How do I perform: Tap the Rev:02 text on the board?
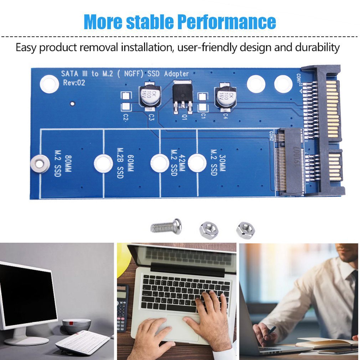pyautogui.click(x=74, y=83)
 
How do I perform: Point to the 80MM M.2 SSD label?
pyautogui.click(x=58, y=163)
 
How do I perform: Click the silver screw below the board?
pyautogui.click(x=166, y=226)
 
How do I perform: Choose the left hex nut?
pyautogui.click(x=209, y=230)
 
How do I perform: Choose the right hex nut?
pyautogui.click(x=246, y=230)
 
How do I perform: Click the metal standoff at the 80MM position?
pyautogui.click(x=39, y=164)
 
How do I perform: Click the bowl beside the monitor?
pyautogui.click(x=76, y=325)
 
